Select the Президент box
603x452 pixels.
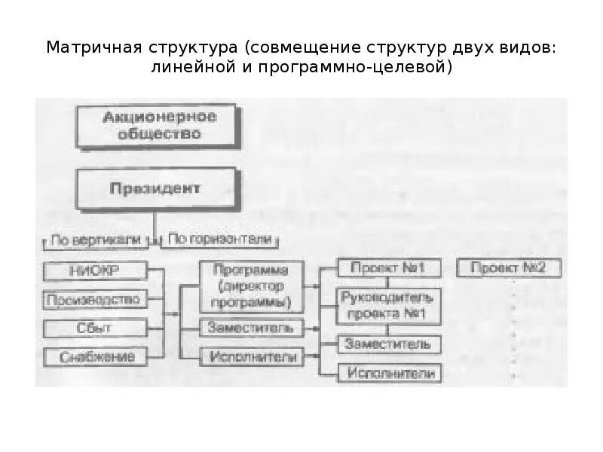click(x=155, y=188)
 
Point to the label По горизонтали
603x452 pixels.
click(x=219, y=240)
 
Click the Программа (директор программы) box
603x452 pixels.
click(x=252, y=287)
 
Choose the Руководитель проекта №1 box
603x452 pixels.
click(x=389, y=304)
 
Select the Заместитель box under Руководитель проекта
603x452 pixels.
click(x=389, y=344)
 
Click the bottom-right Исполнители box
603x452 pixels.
click(x=389, y=373)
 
